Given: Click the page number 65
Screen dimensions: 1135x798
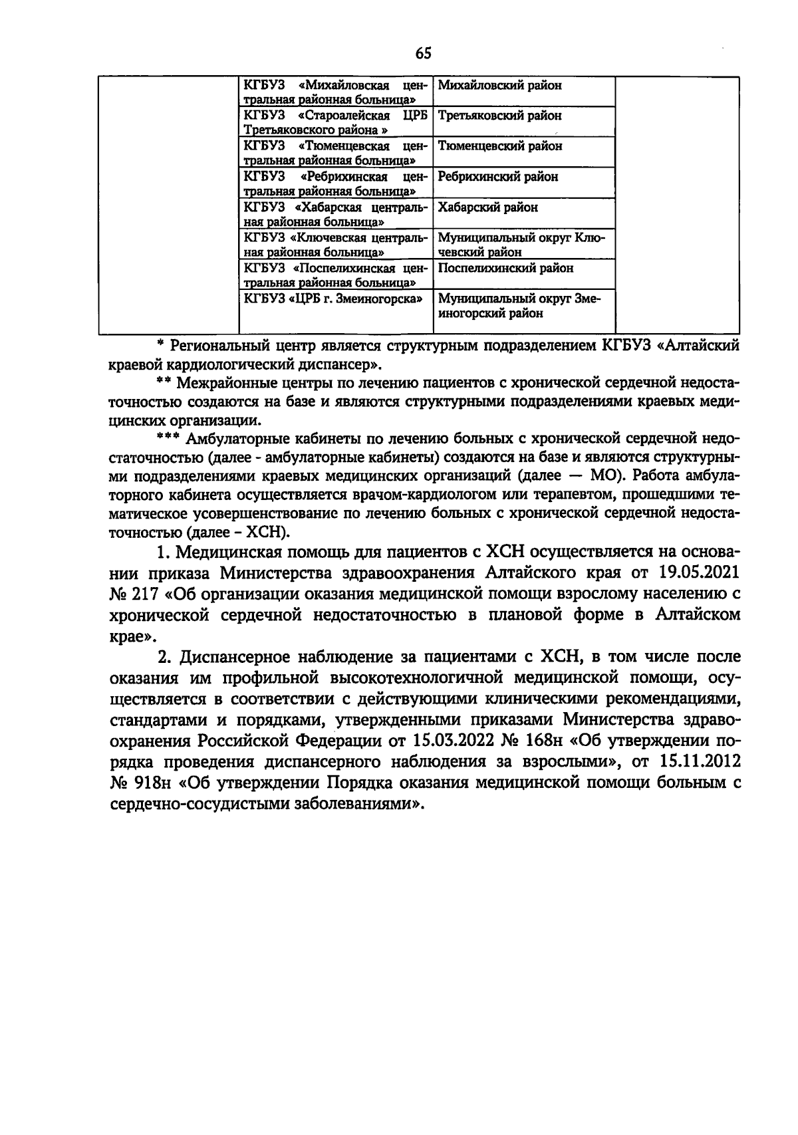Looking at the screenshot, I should pyautogui.click(x=423, y=53).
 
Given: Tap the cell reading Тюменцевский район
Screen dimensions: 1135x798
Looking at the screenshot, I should pyautogui.click(x=500, y=146).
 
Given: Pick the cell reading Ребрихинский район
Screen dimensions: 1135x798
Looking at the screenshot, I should pyautogui.click(x=498, y=177).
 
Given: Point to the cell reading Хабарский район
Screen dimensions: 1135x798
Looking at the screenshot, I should pyautogui.click(x=488, y=207).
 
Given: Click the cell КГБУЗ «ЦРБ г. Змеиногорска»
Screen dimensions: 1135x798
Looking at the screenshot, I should pyautogui.click(x=334, y=299).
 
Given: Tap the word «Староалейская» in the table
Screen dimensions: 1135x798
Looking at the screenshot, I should pyautogui.click(x=344, y=116).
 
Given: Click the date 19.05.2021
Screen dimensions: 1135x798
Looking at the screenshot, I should pyautogui.click(x=699, y=573).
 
